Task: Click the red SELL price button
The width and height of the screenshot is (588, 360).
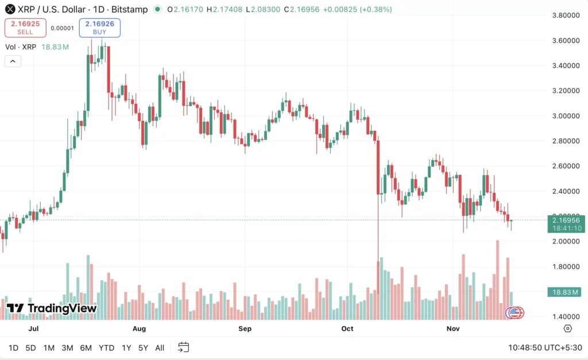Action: click(x=25, y=28)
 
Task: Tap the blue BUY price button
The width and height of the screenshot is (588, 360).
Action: click(x=100, y=28)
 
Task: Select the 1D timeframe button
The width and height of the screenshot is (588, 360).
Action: click(x=13, y=347)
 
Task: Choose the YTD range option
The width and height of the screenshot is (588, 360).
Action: click(x=106, y=347)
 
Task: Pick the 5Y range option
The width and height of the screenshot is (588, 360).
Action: click(x=143, y=347)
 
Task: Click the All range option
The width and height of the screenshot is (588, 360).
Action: click(x=160, y=347)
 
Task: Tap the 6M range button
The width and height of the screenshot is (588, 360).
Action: click(x=86, y=347)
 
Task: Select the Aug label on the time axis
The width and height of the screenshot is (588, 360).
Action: click(x=139, y=329)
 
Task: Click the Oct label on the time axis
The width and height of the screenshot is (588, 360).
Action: click(x=347, y=329)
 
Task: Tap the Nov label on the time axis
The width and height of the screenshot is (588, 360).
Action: click(x=454, y=329)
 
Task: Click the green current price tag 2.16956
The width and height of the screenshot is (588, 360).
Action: click(x=566, y=220)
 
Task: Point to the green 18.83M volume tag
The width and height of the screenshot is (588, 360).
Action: click(x=566, y=292)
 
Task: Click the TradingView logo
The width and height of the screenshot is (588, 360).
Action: click(x=52, y=308)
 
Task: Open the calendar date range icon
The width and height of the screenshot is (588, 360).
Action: click(x=184, y=347)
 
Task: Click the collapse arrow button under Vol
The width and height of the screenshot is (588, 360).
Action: click(x=13, y=61)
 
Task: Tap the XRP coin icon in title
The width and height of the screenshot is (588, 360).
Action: click(x=10, y=9)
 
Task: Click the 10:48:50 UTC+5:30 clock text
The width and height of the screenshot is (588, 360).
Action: click(x=545, y=347)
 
